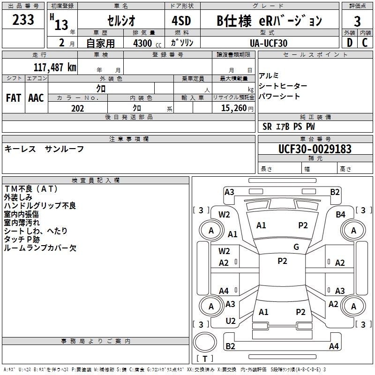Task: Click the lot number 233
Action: coord(23,20)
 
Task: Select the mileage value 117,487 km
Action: coord(55,67)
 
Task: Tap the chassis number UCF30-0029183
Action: coord(315,149)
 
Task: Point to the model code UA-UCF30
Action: coord(269,43)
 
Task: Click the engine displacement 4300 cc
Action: coord(144,43)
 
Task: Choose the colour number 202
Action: coord(77,108)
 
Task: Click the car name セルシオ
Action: coord(121,21)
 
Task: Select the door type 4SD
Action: coord(182,21)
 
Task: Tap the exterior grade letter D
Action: coord(349,43)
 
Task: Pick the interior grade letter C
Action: coord(365,43)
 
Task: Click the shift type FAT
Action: coord(14,97)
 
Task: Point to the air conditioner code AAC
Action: coord(36,97)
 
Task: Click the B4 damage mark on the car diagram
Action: coord(341,215)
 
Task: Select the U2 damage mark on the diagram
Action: coord(231,321)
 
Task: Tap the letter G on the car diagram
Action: coord(296,247)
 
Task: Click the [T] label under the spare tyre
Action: coord(205,359)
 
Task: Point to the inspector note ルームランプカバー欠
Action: coord(40,248)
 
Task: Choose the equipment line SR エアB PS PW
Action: coord(289,127)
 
